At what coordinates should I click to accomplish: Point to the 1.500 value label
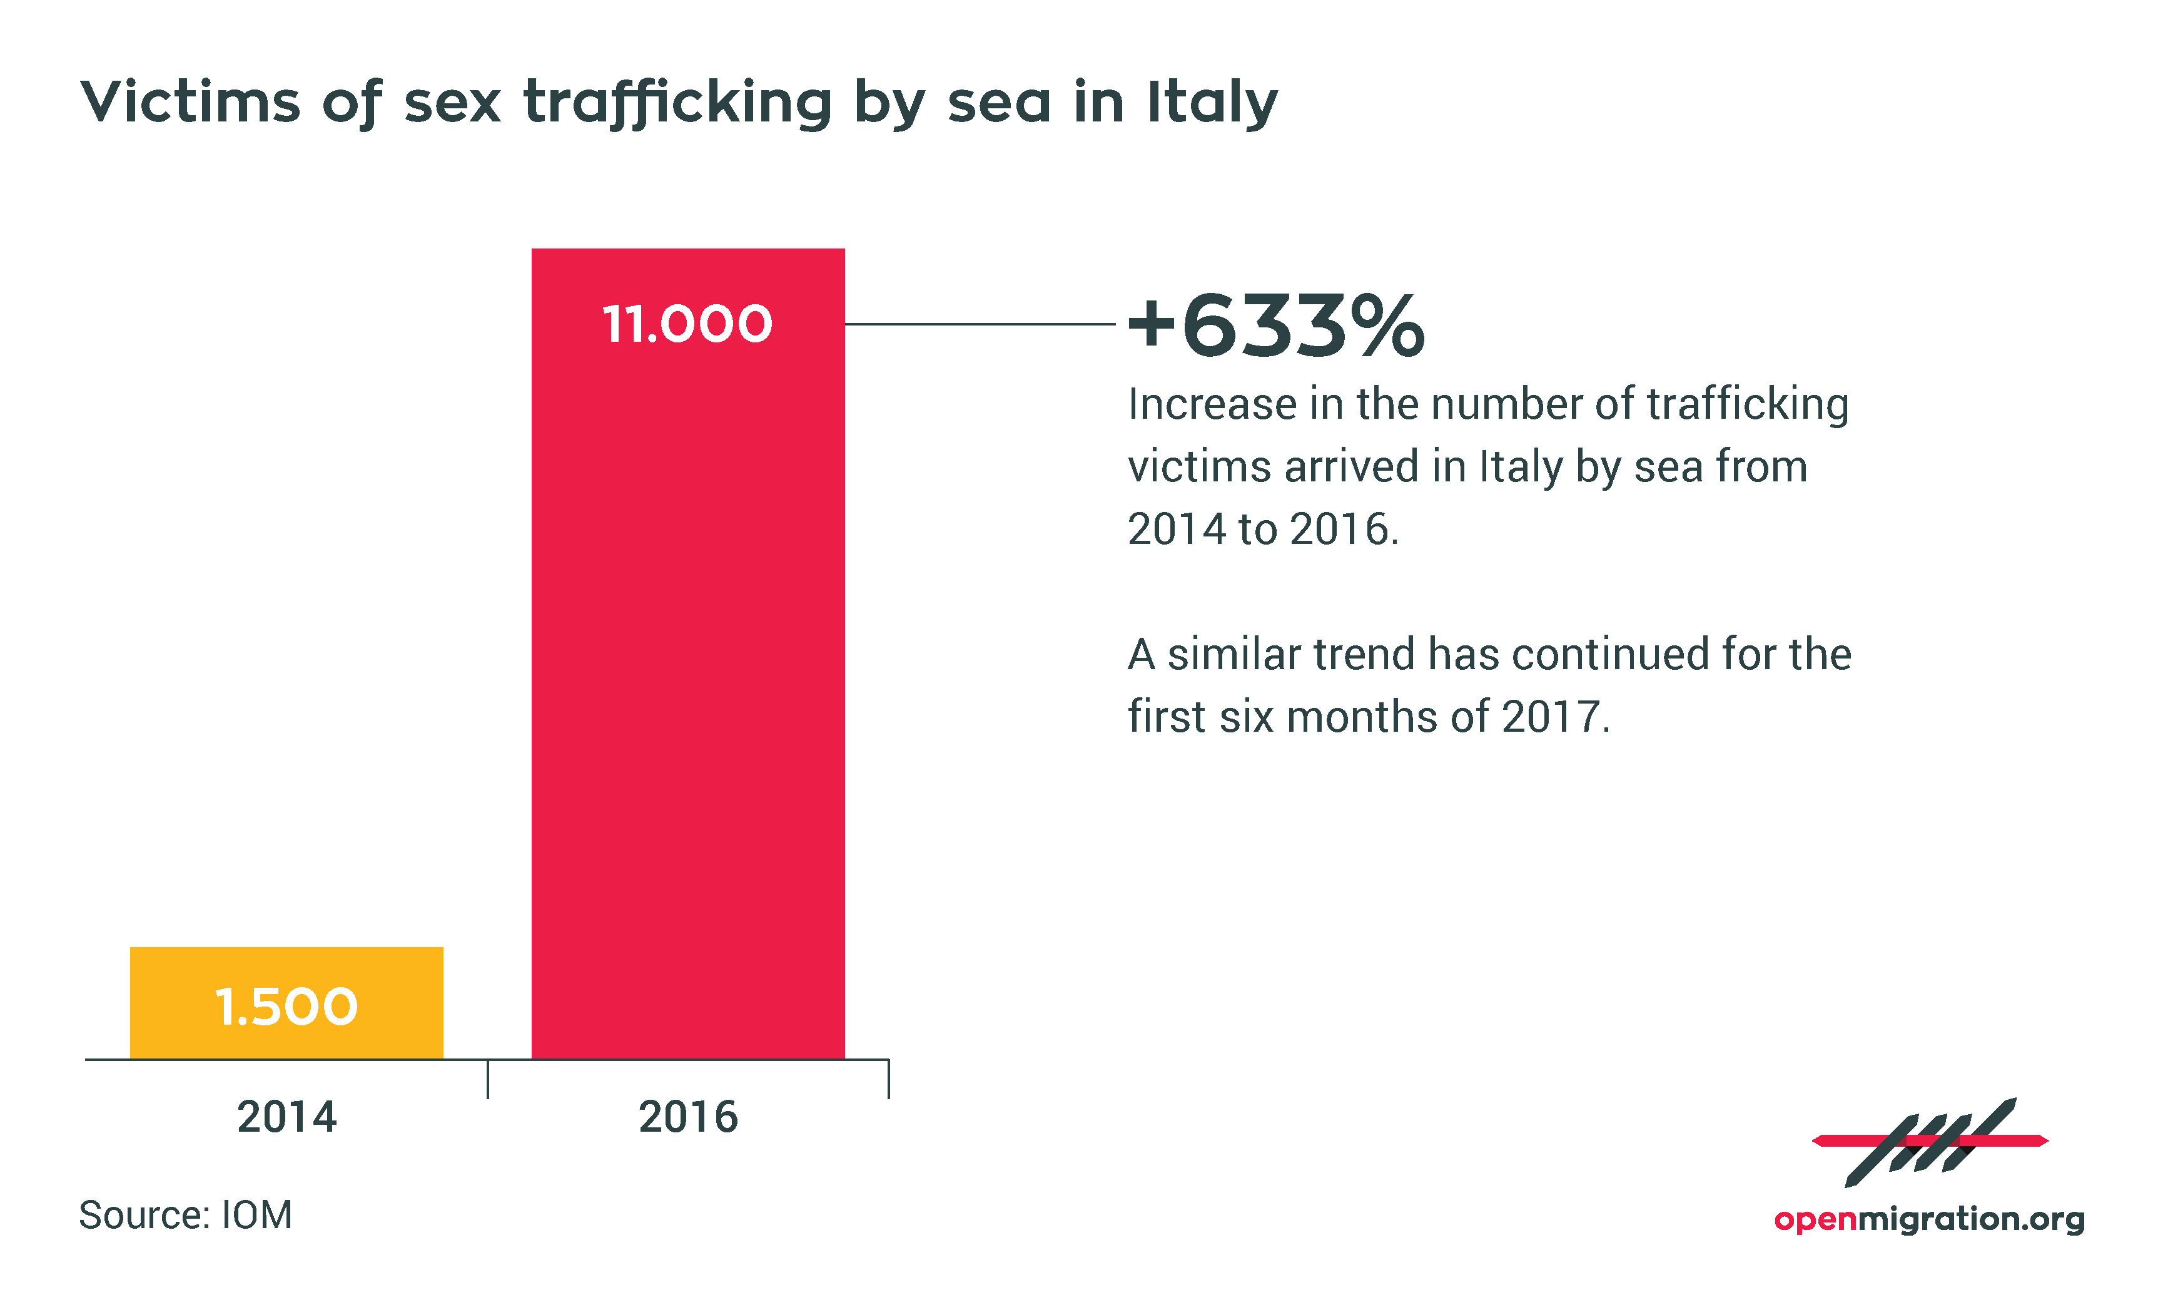pyautogui.click(x=286, y=1007)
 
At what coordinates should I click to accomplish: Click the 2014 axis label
pyautogui.click(x=286, y=1117)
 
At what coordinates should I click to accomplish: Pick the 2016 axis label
pyautogui.click(x=687, y=1117)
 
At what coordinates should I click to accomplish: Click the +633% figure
pyautogui.click(x=1275, y=327)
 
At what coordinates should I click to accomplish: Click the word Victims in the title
pyautogui.click(x=190, y=102)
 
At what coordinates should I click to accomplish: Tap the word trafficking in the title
pyautogui.click(x=677, y=102)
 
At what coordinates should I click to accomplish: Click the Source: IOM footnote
pyautogui.click(x=185, y=1216)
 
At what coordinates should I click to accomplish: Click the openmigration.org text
pyautogui.click(x=1928, y=1219)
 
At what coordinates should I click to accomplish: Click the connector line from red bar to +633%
pyautogui.click(x=979, y=324)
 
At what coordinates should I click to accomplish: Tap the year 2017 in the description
pyautogui.click(x=1552, y=717)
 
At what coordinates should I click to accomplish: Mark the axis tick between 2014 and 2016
pyautogui.click(x=487, y=1079)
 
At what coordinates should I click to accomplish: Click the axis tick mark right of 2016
pyautogui.click(x=888, y=1079)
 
